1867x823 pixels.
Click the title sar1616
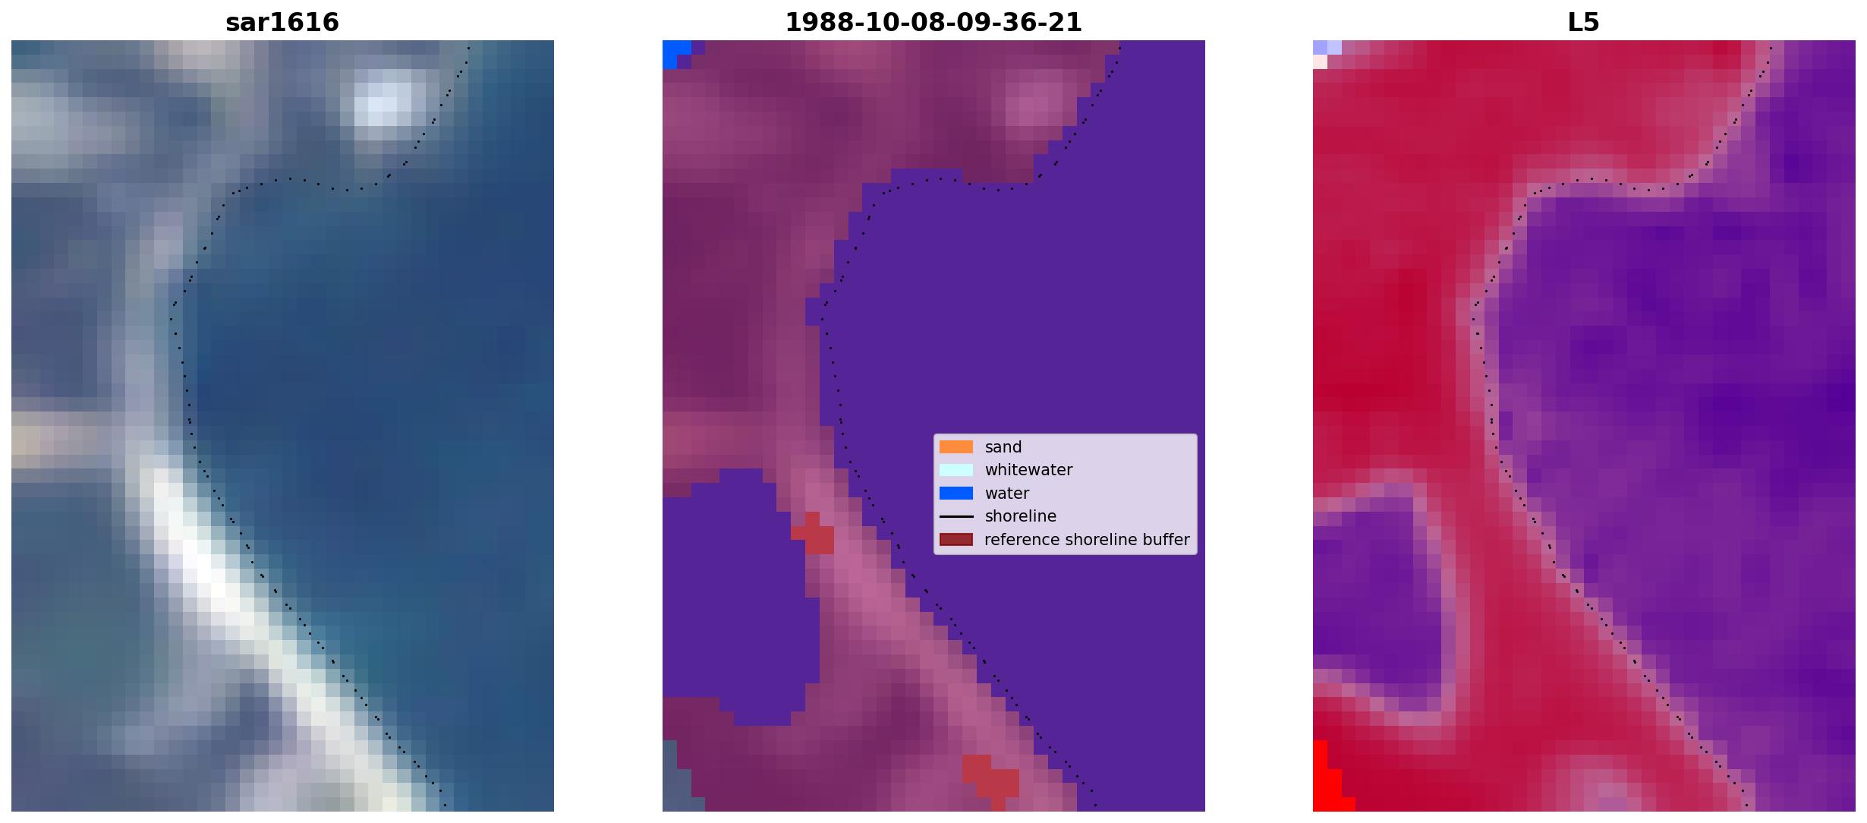(282, 22)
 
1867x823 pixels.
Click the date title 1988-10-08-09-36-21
(933, 22)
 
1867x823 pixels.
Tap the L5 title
(1584, 22)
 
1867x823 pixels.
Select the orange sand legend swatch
(956, 447)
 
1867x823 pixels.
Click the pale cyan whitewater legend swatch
(956, 470)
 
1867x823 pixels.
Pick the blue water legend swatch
(956, 493)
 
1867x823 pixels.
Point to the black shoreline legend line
(956, 516)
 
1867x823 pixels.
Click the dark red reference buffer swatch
(956, 540)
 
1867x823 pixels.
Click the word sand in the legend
(1003, 447)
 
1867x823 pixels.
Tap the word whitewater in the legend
(1028, 470)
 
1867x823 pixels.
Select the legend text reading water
(1007, 493)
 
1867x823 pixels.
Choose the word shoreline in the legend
(1021, 516)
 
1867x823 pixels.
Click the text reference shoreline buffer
(1087, 540)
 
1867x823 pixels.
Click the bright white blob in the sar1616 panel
(384, 103)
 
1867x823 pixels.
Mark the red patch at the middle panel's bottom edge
(991, 780)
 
